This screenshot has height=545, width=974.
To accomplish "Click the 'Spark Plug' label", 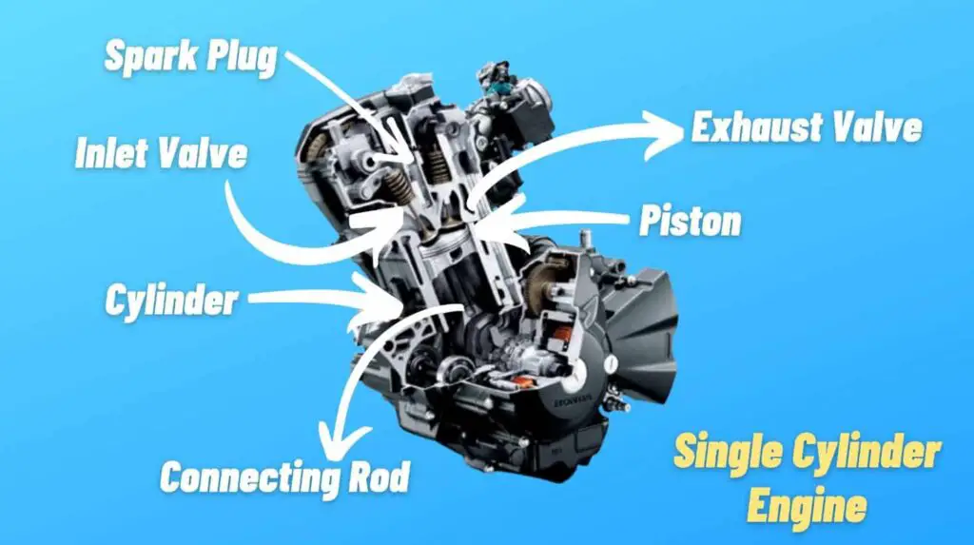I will pos(190,58).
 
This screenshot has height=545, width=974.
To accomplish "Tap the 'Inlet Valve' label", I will pos(161,153).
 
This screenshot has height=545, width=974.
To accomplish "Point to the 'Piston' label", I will pos(691,222).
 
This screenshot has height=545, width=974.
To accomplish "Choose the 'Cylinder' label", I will pos(170,301).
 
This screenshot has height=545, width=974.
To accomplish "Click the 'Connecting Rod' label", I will pos(284,476).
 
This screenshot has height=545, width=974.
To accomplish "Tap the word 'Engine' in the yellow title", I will pos(807,505).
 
